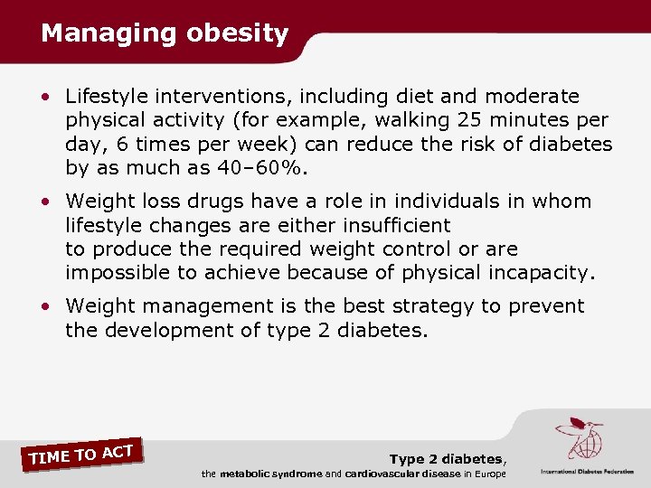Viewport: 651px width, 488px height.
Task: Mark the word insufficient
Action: click(393, 225)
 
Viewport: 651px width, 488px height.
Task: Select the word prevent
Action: click(545, 306)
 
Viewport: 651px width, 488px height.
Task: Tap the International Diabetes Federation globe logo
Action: click(579, 442)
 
